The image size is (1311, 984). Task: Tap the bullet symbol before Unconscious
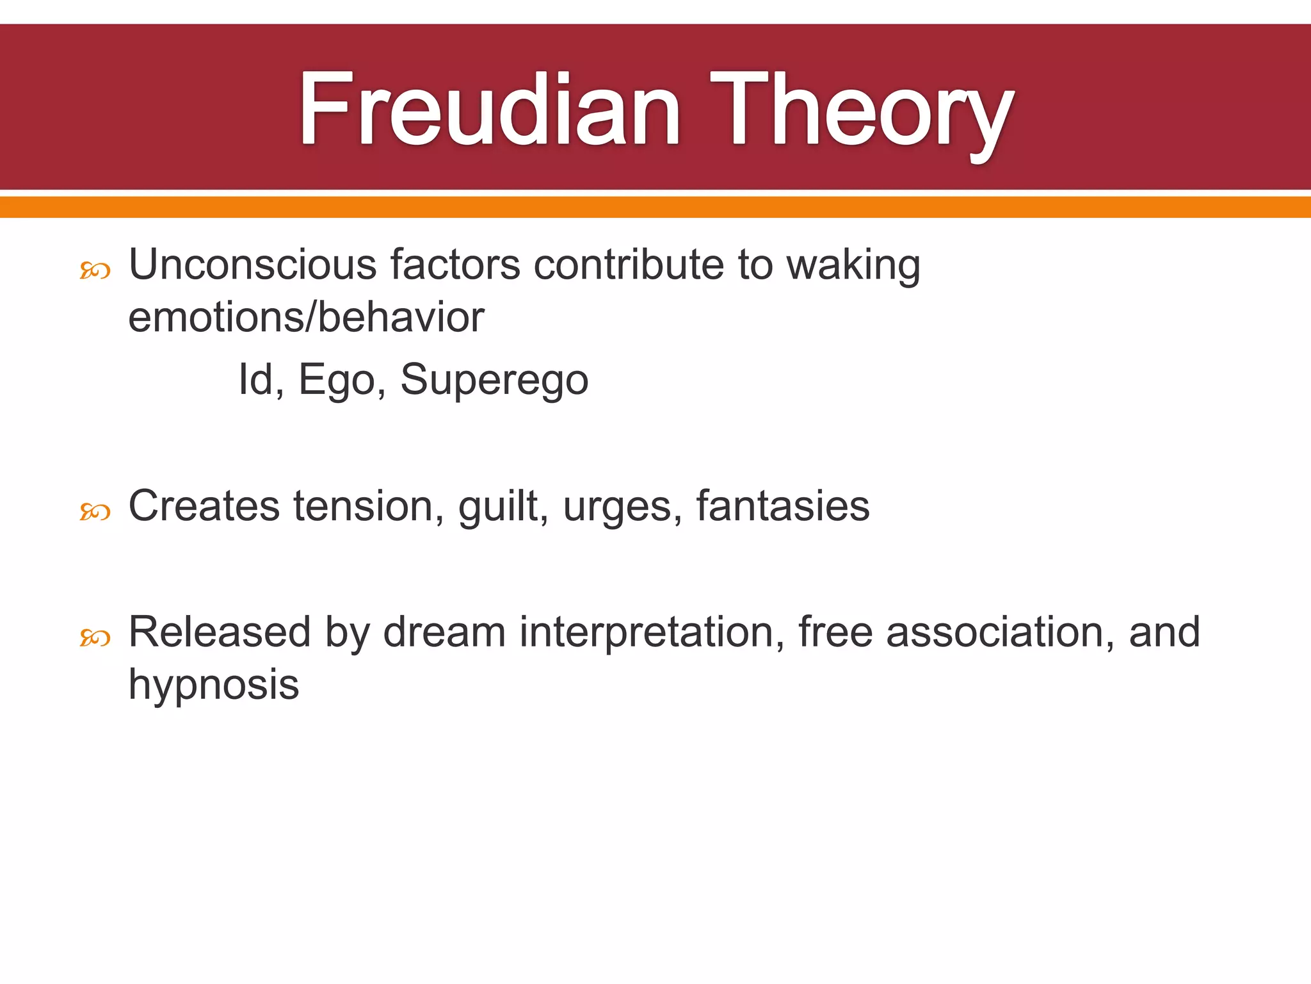point(95,271)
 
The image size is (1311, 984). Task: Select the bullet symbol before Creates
point(95,512)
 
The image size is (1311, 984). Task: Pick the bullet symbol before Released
point(95,637)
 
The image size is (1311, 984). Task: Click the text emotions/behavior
point(306,317)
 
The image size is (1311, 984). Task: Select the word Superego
point(494,380)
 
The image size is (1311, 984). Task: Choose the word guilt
point(503,506)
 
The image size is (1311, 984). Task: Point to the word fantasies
point(782,506)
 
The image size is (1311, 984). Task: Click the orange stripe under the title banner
point(655,207)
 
